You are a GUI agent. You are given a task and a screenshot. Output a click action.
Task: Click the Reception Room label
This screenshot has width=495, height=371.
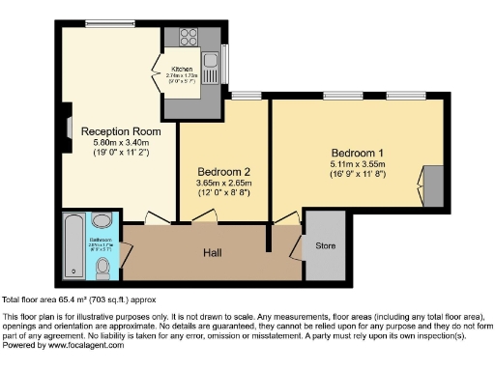120,130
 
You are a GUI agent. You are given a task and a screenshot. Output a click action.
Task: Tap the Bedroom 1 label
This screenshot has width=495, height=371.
357,153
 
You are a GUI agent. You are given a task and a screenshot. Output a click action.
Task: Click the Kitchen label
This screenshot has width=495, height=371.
183,71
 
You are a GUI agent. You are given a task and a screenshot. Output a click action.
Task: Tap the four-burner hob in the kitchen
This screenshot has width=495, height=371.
187,40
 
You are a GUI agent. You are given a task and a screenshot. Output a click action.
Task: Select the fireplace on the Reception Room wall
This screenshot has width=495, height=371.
67,127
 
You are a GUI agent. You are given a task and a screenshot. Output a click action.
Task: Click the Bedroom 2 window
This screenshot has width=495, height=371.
247,96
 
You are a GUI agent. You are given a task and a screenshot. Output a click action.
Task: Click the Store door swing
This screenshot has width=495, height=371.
297,249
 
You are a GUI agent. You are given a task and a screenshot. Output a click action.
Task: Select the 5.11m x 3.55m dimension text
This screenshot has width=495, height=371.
357,164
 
